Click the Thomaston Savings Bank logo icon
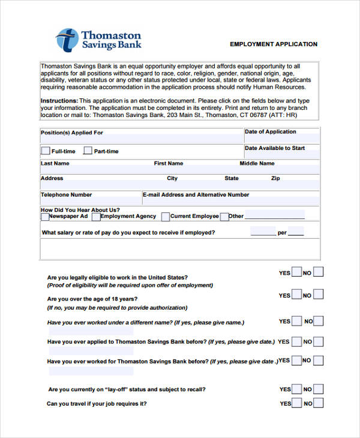67,40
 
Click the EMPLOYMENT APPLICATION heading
274,44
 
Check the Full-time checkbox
46,151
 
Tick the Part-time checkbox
88,151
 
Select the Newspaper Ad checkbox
45,217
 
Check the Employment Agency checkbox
97,217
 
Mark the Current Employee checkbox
165,217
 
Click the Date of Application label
270,132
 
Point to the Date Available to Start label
274,148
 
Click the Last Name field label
55,163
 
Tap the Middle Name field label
257,163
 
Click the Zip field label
275,178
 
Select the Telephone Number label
66,195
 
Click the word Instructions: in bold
59,100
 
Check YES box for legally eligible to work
296,272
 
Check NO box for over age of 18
318,295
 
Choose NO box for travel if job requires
318,403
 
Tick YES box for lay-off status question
296,389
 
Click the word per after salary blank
282,233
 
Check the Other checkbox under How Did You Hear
224,217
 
